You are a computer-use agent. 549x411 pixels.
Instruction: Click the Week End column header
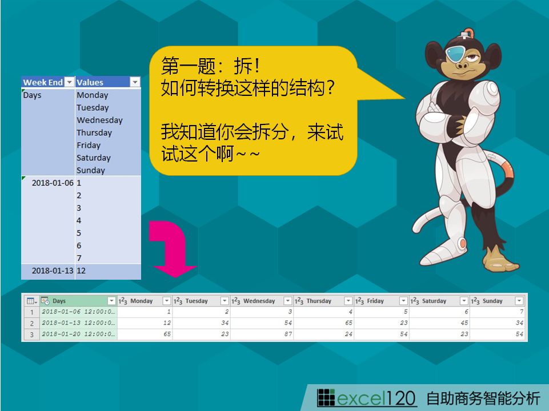43,82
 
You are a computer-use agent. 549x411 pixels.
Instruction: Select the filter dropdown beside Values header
135,82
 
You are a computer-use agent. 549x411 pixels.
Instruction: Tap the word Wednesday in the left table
100,120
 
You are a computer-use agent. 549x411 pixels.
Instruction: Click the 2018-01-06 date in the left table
53,183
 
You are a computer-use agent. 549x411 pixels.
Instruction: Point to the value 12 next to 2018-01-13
81,271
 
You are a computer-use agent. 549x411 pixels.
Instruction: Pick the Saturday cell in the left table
94,158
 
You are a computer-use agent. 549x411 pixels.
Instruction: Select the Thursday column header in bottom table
319,301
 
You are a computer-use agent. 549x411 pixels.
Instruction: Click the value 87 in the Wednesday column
288,334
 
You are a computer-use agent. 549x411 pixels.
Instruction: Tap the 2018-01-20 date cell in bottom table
78,334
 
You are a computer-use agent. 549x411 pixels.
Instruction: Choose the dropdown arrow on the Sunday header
519,301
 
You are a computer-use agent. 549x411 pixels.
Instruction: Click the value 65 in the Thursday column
348,323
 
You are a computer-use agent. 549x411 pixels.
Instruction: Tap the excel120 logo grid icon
326,398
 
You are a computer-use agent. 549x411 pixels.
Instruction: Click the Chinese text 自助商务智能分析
483,398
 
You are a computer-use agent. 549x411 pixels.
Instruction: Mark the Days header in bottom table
59,301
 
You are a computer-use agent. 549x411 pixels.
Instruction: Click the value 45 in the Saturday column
464,323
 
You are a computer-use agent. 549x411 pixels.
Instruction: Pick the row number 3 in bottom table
31,335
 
